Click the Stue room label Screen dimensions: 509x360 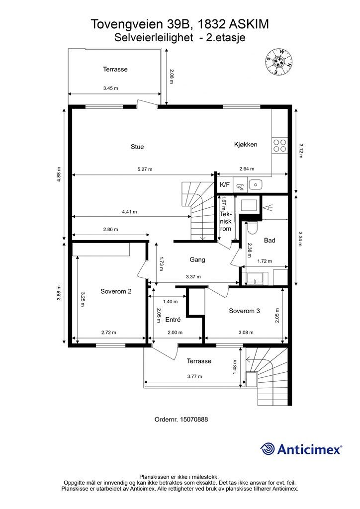point(137,147)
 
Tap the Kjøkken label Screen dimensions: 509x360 point(246,145)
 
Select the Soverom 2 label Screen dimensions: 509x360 point(116,291)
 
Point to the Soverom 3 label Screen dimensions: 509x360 point(244,311)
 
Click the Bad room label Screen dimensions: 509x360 point(270,241)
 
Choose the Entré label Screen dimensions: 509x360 point(173,320)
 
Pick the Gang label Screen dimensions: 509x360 point(197,259)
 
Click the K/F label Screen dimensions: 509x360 point(225,185)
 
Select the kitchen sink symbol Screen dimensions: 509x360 point(255,185)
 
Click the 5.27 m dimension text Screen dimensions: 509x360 point(145,169)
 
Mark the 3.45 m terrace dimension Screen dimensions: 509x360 point(110,88)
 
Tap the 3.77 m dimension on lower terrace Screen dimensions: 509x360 point(195,377)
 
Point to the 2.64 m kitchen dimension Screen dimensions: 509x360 point(247,169)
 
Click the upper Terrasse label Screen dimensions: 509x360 point(115,69)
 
